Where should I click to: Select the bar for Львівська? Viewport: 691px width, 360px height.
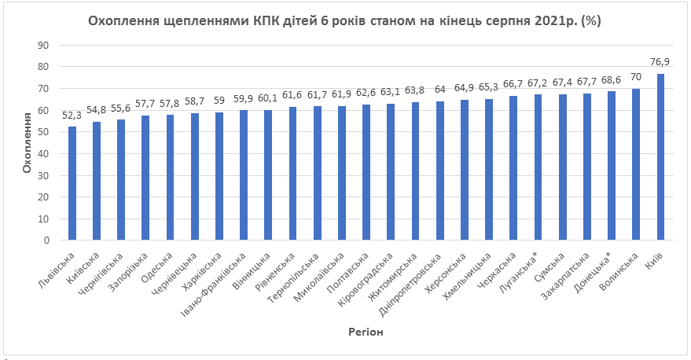pyautogui.click(x=72, y=183)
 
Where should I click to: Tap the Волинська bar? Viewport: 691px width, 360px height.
pyautogui.click(x=636, y=164)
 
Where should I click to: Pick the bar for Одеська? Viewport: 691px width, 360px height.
pyautogui.click(x=171, y=178)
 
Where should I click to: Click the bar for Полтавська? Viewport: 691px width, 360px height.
pyautogui.click(x=366, y=172)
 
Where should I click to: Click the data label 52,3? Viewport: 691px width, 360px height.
pyautogui.click(x=72, y=115)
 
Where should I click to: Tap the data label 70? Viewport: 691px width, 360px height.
pyautogui.click(x=636, y=76)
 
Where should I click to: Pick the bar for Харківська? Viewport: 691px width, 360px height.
pyautogui.click(x=219, y=176)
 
